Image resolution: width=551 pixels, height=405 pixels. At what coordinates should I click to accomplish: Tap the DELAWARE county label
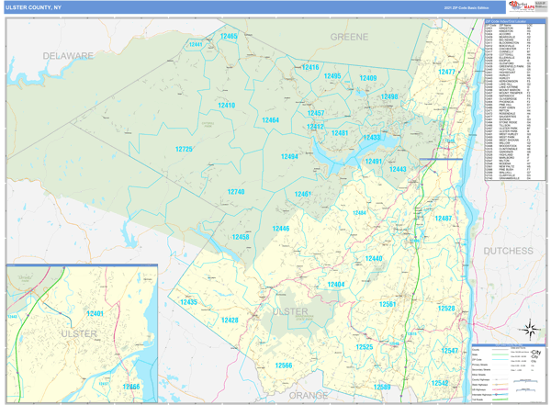click(x=68, y=56)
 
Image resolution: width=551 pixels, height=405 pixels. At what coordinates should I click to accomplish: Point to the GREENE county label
click(x=349, y=37)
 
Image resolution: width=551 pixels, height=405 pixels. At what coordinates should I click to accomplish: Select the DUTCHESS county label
click(x=508, y=250)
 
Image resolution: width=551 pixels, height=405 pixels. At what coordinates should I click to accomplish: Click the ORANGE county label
click(x=308, y=395)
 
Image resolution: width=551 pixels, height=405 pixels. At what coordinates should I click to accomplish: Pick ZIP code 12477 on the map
click(x=446, y=72)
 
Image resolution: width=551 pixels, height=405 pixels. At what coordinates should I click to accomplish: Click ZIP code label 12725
click(x=184, y=149)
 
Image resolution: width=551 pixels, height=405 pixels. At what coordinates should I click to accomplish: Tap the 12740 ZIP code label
click(x=236, y=192)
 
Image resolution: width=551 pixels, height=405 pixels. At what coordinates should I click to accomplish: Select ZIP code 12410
click(x=226, y=106)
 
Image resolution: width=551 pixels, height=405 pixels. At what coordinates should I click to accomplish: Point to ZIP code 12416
click(x=310, y=67)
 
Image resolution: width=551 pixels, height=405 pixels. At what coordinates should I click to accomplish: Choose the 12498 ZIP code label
click(x=389, y=96)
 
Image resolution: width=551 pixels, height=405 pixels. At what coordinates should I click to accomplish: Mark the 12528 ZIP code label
click(x=446, y=309)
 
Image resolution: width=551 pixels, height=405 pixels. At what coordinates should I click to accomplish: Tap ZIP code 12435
click(x=188, y=301)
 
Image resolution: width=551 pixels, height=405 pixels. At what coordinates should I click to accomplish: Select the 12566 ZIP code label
click(x=283, y=366)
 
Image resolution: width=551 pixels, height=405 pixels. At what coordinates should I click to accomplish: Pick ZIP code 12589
click(x=382, y=387)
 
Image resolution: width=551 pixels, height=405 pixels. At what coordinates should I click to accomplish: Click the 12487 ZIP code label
click(x=444, y=219)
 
